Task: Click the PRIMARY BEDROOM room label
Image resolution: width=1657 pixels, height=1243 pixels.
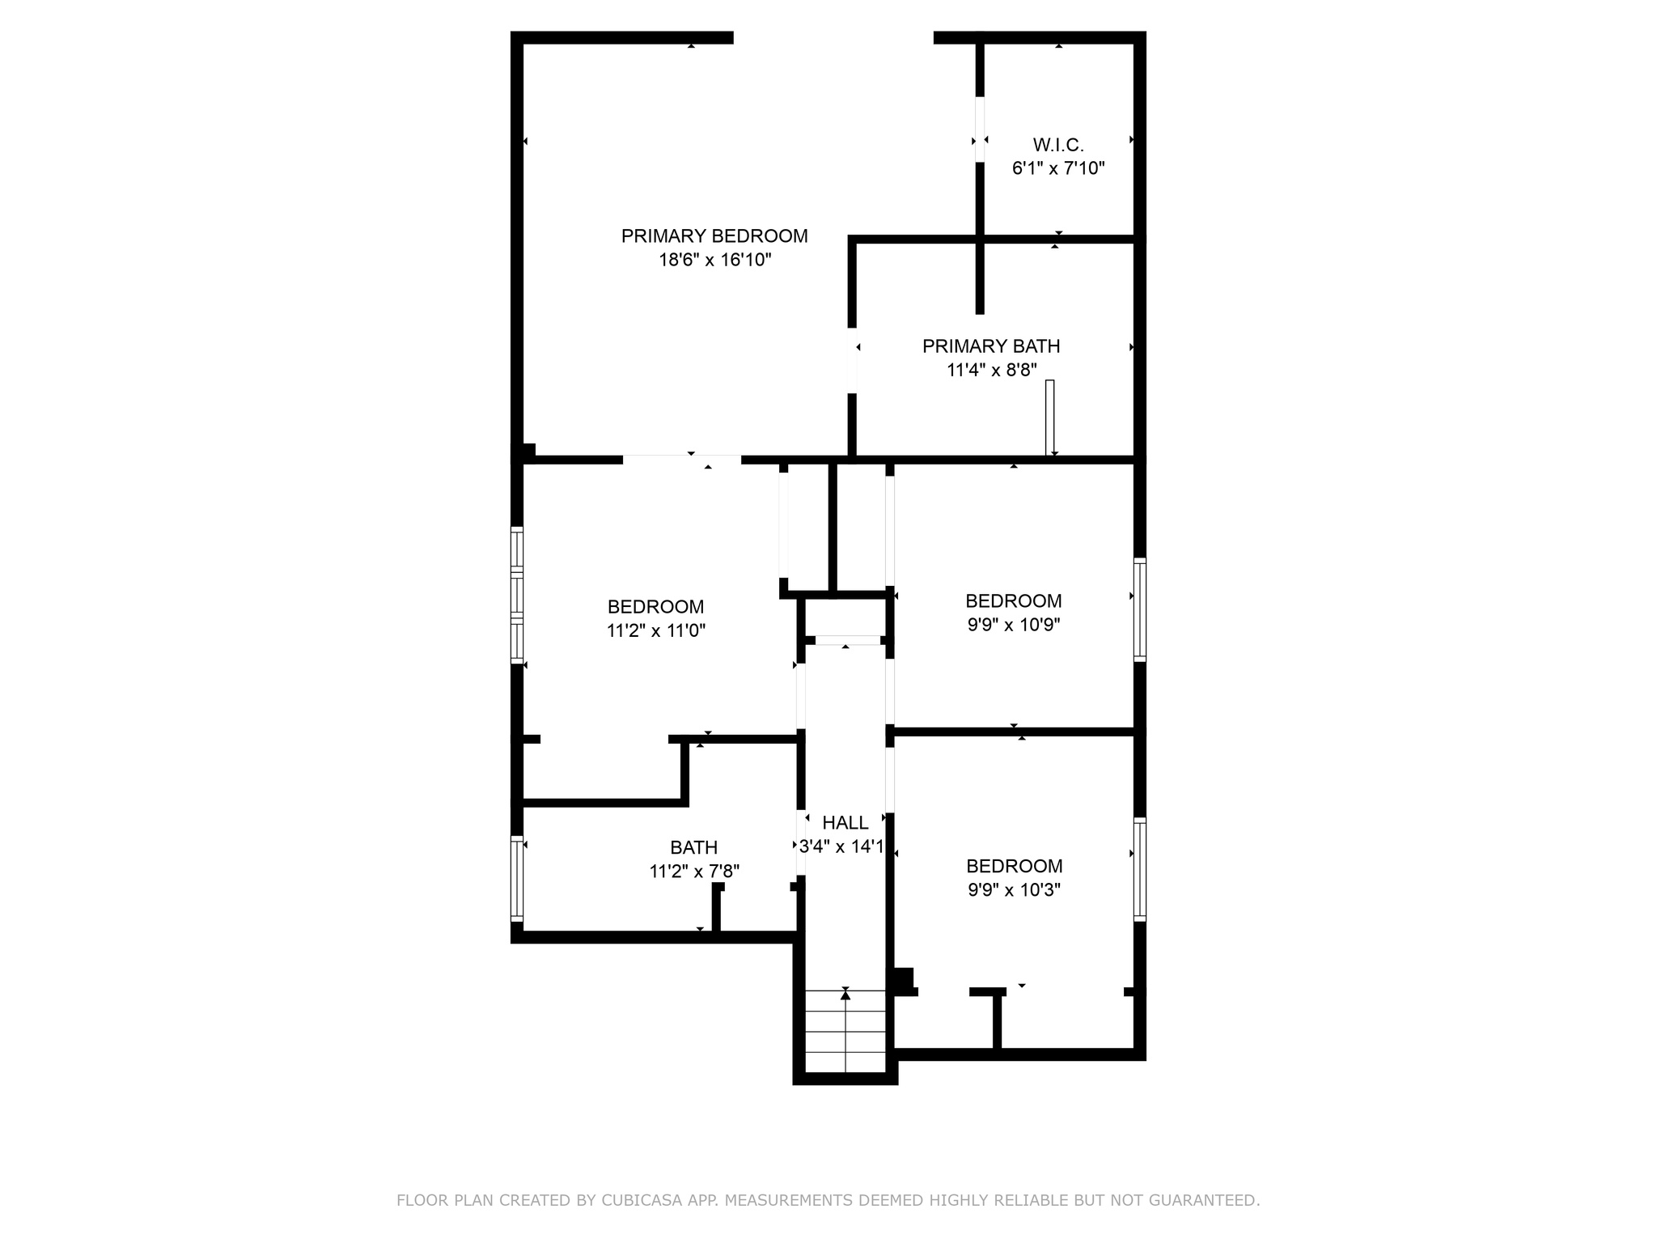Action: point(714,235)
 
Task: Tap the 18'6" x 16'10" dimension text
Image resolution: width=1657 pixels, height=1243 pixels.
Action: point(715,260)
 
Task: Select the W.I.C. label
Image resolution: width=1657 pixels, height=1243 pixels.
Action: point(1058,145)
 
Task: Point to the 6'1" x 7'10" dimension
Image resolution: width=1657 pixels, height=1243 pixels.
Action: point(1058,168)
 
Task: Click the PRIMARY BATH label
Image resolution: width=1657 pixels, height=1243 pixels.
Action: point(991,346)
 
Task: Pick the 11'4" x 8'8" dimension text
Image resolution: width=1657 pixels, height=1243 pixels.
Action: point(991,370)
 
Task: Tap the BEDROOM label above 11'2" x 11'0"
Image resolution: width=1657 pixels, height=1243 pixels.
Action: point(656,607)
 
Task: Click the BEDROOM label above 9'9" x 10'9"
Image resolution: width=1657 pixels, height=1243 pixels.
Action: point(1014,601)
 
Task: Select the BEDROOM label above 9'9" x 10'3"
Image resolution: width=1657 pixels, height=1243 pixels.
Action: point(1015,867)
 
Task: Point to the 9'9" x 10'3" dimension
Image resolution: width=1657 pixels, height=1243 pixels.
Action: point(1015,890)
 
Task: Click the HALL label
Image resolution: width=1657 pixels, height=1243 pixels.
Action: point(845,823)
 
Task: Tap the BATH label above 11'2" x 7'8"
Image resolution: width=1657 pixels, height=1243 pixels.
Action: point(694,847)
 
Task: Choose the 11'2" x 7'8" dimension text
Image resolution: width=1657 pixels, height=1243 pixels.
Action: point(694,872)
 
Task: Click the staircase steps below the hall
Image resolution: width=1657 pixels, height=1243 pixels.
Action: point(845,1032)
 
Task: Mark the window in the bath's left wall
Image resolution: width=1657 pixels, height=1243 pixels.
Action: point(517,878)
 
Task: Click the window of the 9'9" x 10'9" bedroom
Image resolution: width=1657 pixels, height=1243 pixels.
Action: point(1139,609)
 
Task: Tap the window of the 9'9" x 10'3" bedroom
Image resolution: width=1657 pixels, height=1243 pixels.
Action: point(1139,869)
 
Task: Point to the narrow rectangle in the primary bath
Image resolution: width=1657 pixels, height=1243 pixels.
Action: point(1050,418)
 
